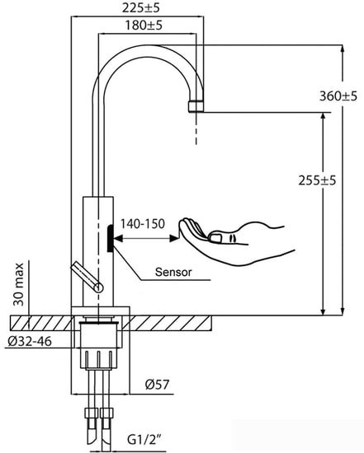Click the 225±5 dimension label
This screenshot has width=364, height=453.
pyautogui.click(x=141, y=7)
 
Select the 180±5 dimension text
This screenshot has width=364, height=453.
pyautogui.click(x=144, y=26)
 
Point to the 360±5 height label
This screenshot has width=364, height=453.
pyautogui.click(x=338, y=96)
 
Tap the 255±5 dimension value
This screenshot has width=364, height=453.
pyautogui.click(x=318, y=180)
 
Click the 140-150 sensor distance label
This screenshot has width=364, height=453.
pyautogui.click(x=143, y=223)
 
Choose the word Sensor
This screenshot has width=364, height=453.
pyautogui.click(x=173, y=272)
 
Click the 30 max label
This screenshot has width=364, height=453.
pyautogui.click(x=19, y=284)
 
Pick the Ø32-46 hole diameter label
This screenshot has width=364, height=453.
pyautogui.click(x=30, y=341)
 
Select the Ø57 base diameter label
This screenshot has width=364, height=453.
pyautogui.click(x=157, y=385)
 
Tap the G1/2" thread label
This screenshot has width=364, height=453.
pyautogui.click(x=144, y=440)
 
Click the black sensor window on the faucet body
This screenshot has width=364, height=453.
pyautogui.click(x=111, y=238)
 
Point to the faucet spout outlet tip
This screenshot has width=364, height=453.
pyautogui.click(x=196, y=106)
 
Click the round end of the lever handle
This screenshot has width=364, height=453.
pyautogui.click(x=99, y=288)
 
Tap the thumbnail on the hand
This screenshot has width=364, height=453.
pyautogui.click(x=215, y=237)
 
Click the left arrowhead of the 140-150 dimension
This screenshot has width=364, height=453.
pyautogui.click(x=118, y=238)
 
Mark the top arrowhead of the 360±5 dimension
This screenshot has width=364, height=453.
pyautogui.click(x=343, y=49)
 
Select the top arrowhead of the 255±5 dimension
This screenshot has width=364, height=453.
pyautogui.click(x=324, y=116)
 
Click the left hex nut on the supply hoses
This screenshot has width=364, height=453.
pyautogui.click(x=92, y=413)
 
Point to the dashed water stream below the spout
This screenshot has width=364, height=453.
pyautogui.click(x=196, y=128)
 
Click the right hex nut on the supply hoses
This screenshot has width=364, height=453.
pyautogui.click(x=106, y=413)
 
